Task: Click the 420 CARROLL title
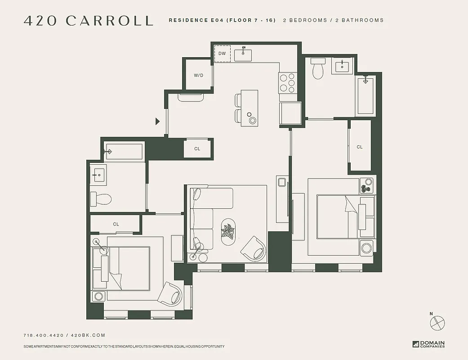[88, 21]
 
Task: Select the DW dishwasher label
[222, 54]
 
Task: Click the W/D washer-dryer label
[198, 75]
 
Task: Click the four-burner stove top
[287, 83]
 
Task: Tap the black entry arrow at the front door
[157, 121]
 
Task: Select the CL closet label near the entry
[197, 148]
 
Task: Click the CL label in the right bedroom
[360, 147]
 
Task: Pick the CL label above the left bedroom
[116, 224]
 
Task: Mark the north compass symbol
[437, 323]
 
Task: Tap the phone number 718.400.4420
[43, 335]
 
